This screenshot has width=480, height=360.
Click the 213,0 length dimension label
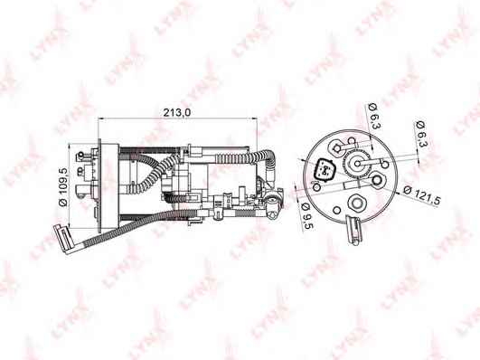pos(176,112)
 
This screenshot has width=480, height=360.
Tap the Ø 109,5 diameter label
pos(62,187)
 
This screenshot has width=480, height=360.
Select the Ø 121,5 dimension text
pos(422,194)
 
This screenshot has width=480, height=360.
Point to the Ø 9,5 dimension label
pos(307,215)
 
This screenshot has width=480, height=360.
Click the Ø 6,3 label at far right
pos(422,135)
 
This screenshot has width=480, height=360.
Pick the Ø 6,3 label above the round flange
pos(373,117)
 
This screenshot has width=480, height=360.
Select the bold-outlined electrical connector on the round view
pos(325,170)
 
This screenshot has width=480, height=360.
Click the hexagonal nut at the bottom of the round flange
pos(356,203)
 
